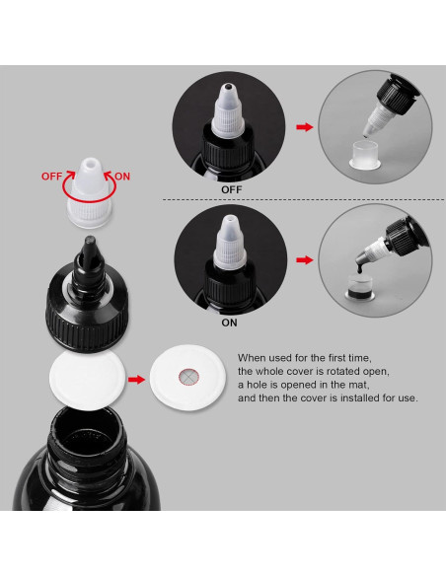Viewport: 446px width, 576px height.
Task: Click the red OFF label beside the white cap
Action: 51,177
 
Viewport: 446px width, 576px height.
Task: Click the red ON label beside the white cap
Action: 122,177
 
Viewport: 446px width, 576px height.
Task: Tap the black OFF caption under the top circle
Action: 232,190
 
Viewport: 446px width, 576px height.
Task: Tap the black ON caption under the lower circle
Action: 229,323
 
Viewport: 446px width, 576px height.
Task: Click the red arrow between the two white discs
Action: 136,379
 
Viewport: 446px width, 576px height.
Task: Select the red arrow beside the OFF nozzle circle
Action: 305,127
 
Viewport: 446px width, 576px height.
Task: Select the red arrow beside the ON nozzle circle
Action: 305,260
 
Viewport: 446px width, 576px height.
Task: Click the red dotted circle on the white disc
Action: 188,377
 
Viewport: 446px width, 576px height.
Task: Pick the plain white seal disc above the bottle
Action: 88,380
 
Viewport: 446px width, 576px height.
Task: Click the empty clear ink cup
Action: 365,155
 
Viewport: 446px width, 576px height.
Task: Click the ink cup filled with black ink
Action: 360,286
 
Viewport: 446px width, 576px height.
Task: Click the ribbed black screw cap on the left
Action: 87,314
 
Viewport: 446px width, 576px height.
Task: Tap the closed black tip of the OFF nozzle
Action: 228,87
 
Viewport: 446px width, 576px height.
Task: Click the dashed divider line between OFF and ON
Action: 304,200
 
